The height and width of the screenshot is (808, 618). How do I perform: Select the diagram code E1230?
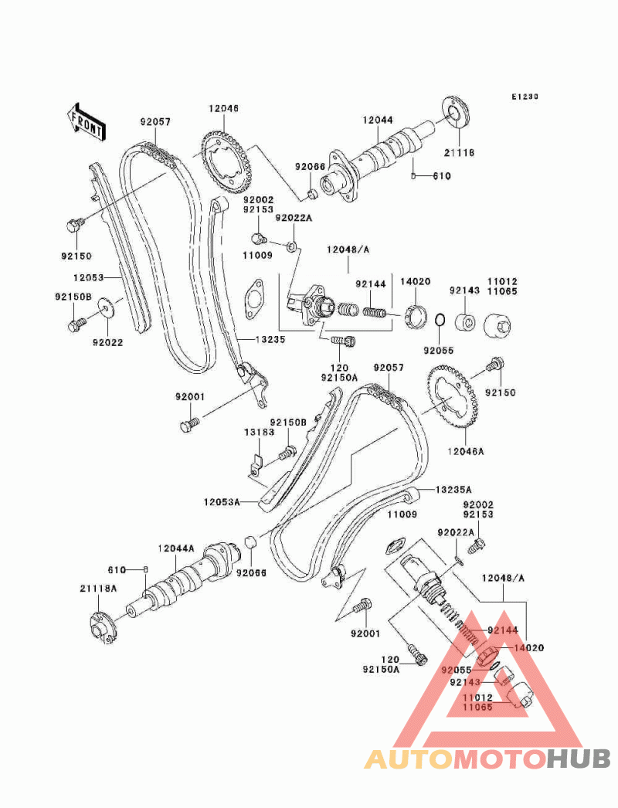525,97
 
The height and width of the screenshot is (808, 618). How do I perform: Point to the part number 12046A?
466,451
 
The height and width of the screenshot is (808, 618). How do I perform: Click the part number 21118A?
98,588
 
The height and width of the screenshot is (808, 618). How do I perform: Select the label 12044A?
176,548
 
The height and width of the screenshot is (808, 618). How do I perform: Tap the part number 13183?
260,432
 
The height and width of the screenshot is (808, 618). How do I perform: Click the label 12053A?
222,501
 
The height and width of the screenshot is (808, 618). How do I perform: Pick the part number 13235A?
453,490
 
